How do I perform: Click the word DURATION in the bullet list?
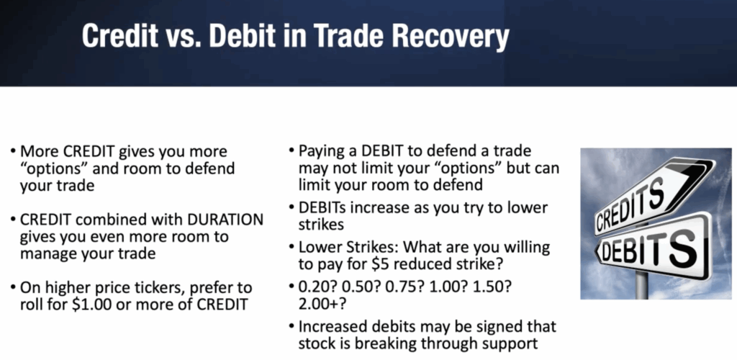coord(225,220)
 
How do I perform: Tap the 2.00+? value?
coord(322,304)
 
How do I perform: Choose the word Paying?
coord(322,151)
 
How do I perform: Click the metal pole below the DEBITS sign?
coord(641,284)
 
